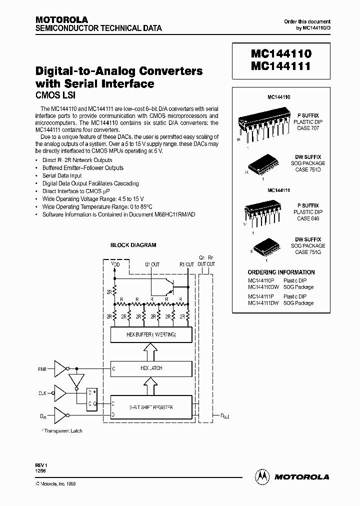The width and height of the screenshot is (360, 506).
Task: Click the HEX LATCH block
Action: point(151,368)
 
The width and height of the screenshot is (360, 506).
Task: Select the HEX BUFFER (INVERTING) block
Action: point(151,334)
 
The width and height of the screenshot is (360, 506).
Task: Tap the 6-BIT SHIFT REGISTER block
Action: point(151,407)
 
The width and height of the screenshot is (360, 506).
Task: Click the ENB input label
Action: point(43,369)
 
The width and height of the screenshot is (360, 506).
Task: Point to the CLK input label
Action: point(43,393)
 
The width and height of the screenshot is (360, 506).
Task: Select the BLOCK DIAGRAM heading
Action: point(133,245)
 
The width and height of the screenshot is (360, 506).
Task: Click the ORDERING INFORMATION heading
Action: point(281,272)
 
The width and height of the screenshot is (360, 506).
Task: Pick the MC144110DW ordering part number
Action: point(263,287)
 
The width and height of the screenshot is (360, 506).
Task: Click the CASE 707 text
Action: point(307,128)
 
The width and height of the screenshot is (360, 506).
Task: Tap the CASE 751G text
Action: point(308,252)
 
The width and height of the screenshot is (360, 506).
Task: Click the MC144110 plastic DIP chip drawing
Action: point(262,123)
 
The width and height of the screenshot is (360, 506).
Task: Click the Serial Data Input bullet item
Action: point(62,176)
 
